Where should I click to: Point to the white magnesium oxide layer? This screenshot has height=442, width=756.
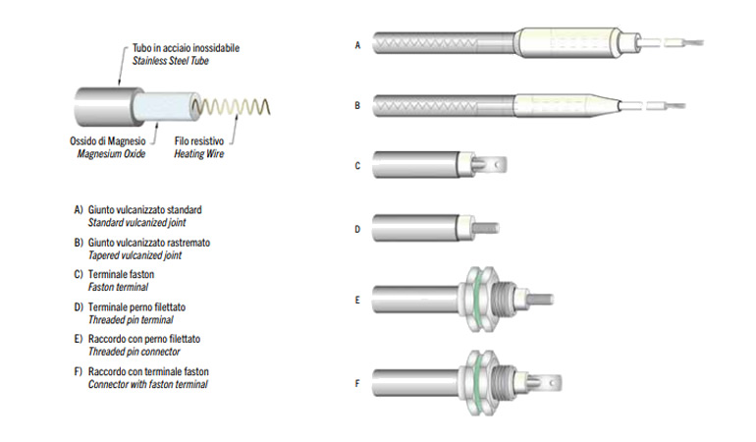point(157,107)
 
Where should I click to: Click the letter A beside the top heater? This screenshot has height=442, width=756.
point(357,44)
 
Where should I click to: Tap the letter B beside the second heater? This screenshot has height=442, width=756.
point(357,103)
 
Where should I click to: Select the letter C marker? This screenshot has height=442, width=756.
point(357,166)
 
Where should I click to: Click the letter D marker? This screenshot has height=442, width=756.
point(357,230)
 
